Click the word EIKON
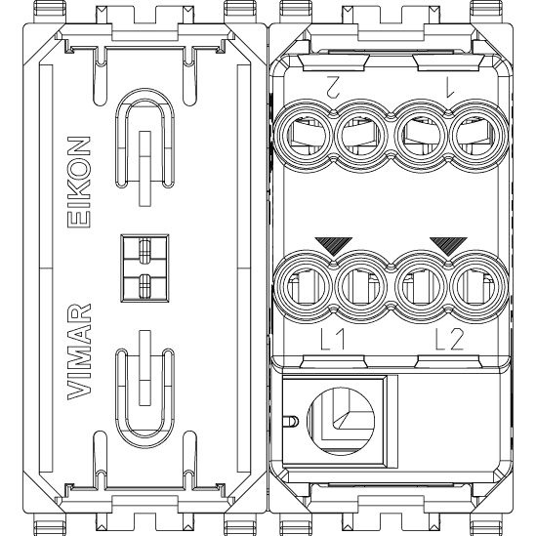(x=79, y=182)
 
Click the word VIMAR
(x=79, y=351)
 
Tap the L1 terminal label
(x=332, y=339)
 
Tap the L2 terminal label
(x=449, y=339)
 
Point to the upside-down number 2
(x=333, y=86)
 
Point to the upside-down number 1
(x=450, y=86)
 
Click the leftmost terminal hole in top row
(x=304, y=136)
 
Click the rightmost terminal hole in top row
(x=478, y=136)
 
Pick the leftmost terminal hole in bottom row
(x=304, y=286)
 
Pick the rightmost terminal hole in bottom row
(x=478, y=286)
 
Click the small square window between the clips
(x=144, y=268)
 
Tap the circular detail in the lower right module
(x=341, y=421)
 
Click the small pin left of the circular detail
(x=291, y=421)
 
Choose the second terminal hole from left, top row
(x=361, y=136)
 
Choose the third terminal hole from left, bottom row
(x=421, y=286)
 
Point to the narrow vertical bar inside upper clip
(x=145, y=169)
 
